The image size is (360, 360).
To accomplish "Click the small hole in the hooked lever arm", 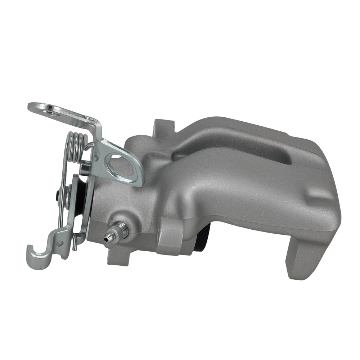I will tap(58, 244).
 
